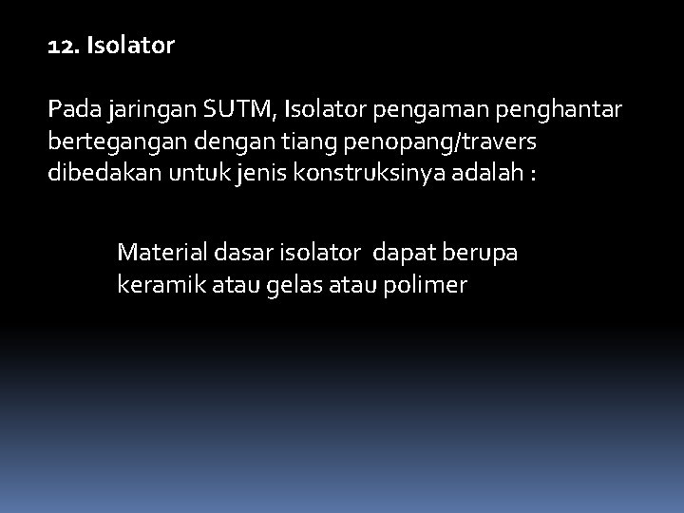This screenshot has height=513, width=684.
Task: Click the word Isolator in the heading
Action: [x=130, y=46]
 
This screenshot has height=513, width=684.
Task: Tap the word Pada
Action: [x=73, y=111]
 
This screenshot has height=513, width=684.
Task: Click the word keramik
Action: [x=157, y=284]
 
